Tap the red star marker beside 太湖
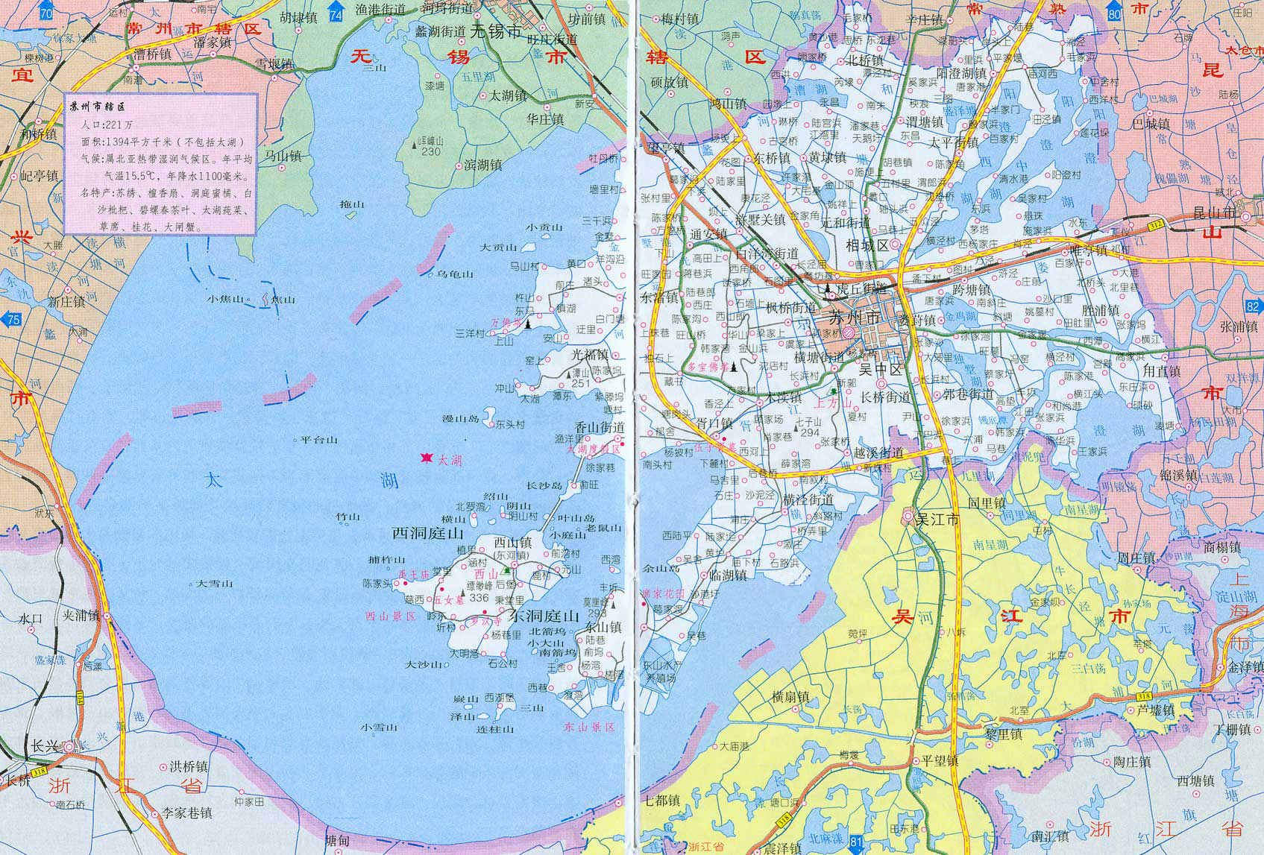(427, 458)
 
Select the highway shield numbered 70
(47, 13)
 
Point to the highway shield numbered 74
(337, 14)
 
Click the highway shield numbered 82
(1252, 306)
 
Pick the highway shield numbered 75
(11, 320)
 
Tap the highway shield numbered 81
(857, 842)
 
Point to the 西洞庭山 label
(428, 533)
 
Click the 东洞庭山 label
(544, 616)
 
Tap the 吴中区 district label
(880, 368)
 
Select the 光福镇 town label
(591, 356)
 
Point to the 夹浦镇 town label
(81, 615)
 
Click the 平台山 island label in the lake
(319, 441)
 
